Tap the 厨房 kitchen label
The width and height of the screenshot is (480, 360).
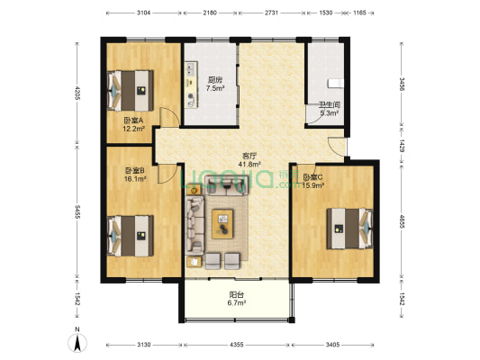click(x=215, y=78)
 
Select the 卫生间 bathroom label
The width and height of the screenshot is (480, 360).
click(x=328, y=104)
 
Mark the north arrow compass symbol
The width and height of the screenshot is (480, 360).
click(x=79, y=341)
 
